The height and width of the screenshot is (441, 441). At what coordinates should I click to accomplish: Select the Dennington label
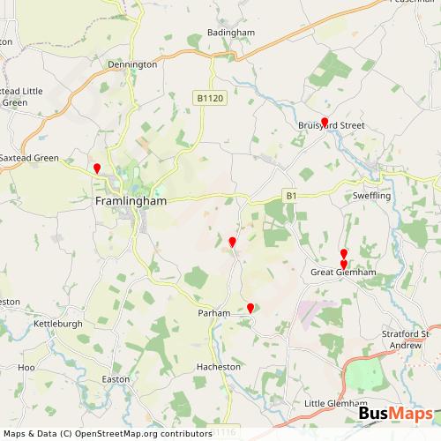pyautogui.click(x=132, y=64)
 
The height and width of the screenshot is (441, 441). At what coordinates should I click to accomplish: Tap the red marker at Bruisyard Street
pyautogui.click(x=325, y=123)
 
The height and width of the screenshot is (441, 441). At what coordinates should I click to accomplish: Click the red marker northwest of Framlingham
pyautogui.click(x=97, y=168)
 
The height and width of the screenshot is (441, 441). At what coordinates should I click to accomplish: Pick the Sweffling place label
pyautogui.click(x=371, y=195)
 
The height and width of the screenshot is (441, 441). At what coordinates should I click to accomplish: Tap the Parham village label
pyautogui.click(x=214, y=313)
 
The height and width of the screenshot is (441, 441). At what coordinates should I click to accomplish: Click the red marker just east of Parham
pyautogui.click(x=250, y=308)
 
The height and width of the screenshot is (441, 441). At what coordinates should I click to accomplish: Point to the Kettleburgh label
pyautogui.click(x=56, y=325)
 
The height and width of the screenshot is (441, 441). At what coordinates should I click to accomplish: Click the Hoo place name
pyautogui.click(x=26, y=366)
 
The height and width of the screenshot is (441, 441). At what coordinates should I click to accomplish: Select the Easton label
pyautogui.click(x=116, y=378)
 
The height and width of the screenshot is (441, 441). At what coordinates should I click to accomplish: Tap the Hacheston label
pyautogui.click(x=218, y=366)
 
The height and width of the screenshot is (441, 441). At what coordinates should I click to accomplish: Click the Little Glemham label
pyautogui.click(x=333, y=403)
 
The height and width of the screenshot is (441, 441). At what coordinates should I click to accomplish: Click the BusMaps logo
pyautogui.click(x=395, y=415)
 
